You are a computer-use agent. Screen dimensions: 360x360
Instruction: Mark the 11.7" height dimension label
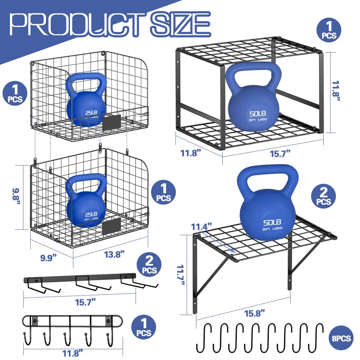182,273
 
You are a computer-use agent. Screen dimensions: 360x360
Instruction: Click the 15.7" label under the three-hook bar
83,302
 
